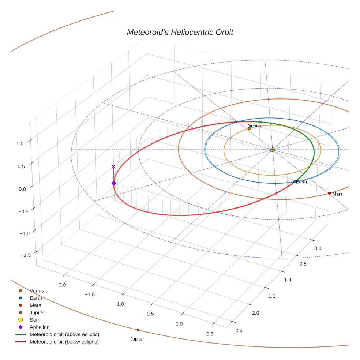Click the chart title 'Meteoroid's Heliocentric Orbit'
(180, 33)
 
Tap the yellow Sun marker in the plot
(273, 150)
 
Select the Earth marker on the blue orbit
(295, 182)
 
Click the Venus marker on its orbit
(250, 128)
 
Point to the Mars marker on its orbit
(330, 193)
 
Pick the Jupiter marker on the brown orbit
(138, 330)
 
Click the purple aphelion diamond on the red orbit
(113, 183)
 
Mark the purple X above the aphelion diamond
(113, 166)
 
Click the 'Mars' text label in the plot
(337, 194)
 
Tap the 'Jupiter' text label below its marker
(137, 339)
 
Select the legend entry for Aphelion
(40, 327)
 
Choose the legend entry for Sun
(34, 320)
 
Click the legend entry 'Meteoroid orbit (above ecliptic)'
(64, 334)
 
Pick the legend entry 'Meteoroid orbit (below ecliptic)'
(64, 342)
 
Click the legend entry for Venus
(37, 291)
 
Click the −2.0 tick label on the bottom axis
(60, 285)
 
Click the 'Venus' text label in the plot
(255, 126)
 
